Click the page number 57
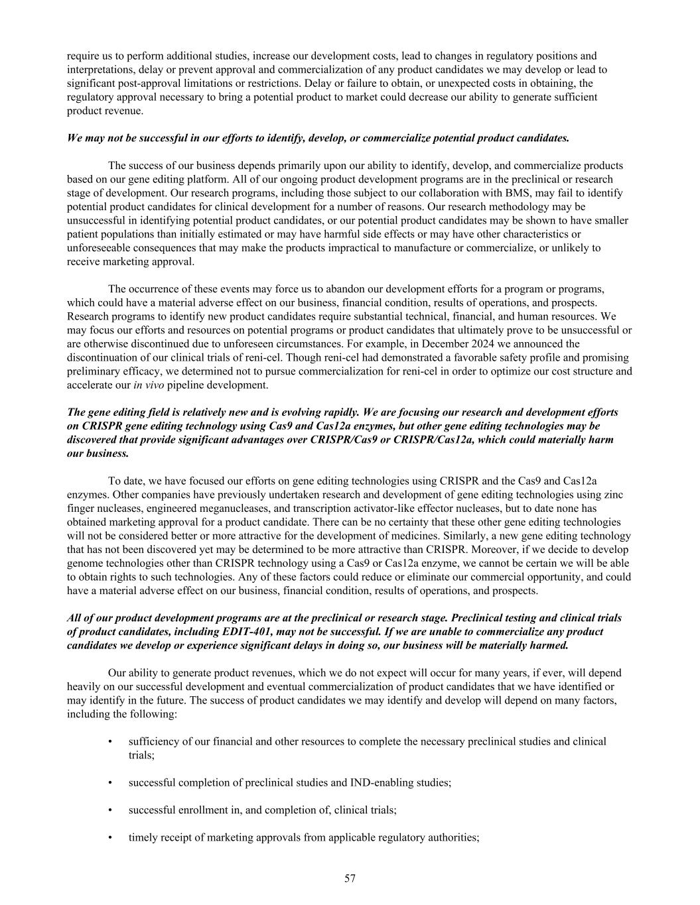350,878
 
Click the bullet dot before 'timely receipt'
109,837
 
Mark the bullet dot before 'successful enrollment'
109,810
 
